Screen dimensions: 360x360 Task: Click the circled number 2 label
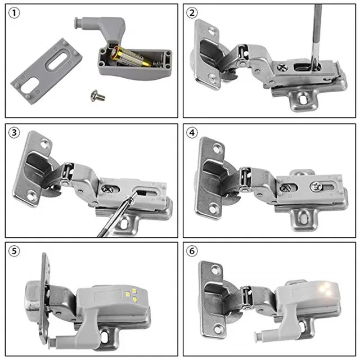tap(193, 14)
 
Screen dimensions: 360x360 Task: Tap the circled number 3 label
tap(14, 134)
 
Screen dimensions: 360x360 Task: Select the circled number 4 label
tap(193, 134)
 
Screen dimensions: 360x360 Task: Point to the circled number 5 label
tap(14, 251)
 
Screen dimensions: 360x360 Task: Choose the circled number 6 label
tap(193, 251)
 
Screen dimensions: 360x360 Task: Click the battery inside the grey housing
tap(132, 57)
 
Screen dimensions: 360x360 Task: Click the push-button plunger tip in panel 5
tap(48, 340)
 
